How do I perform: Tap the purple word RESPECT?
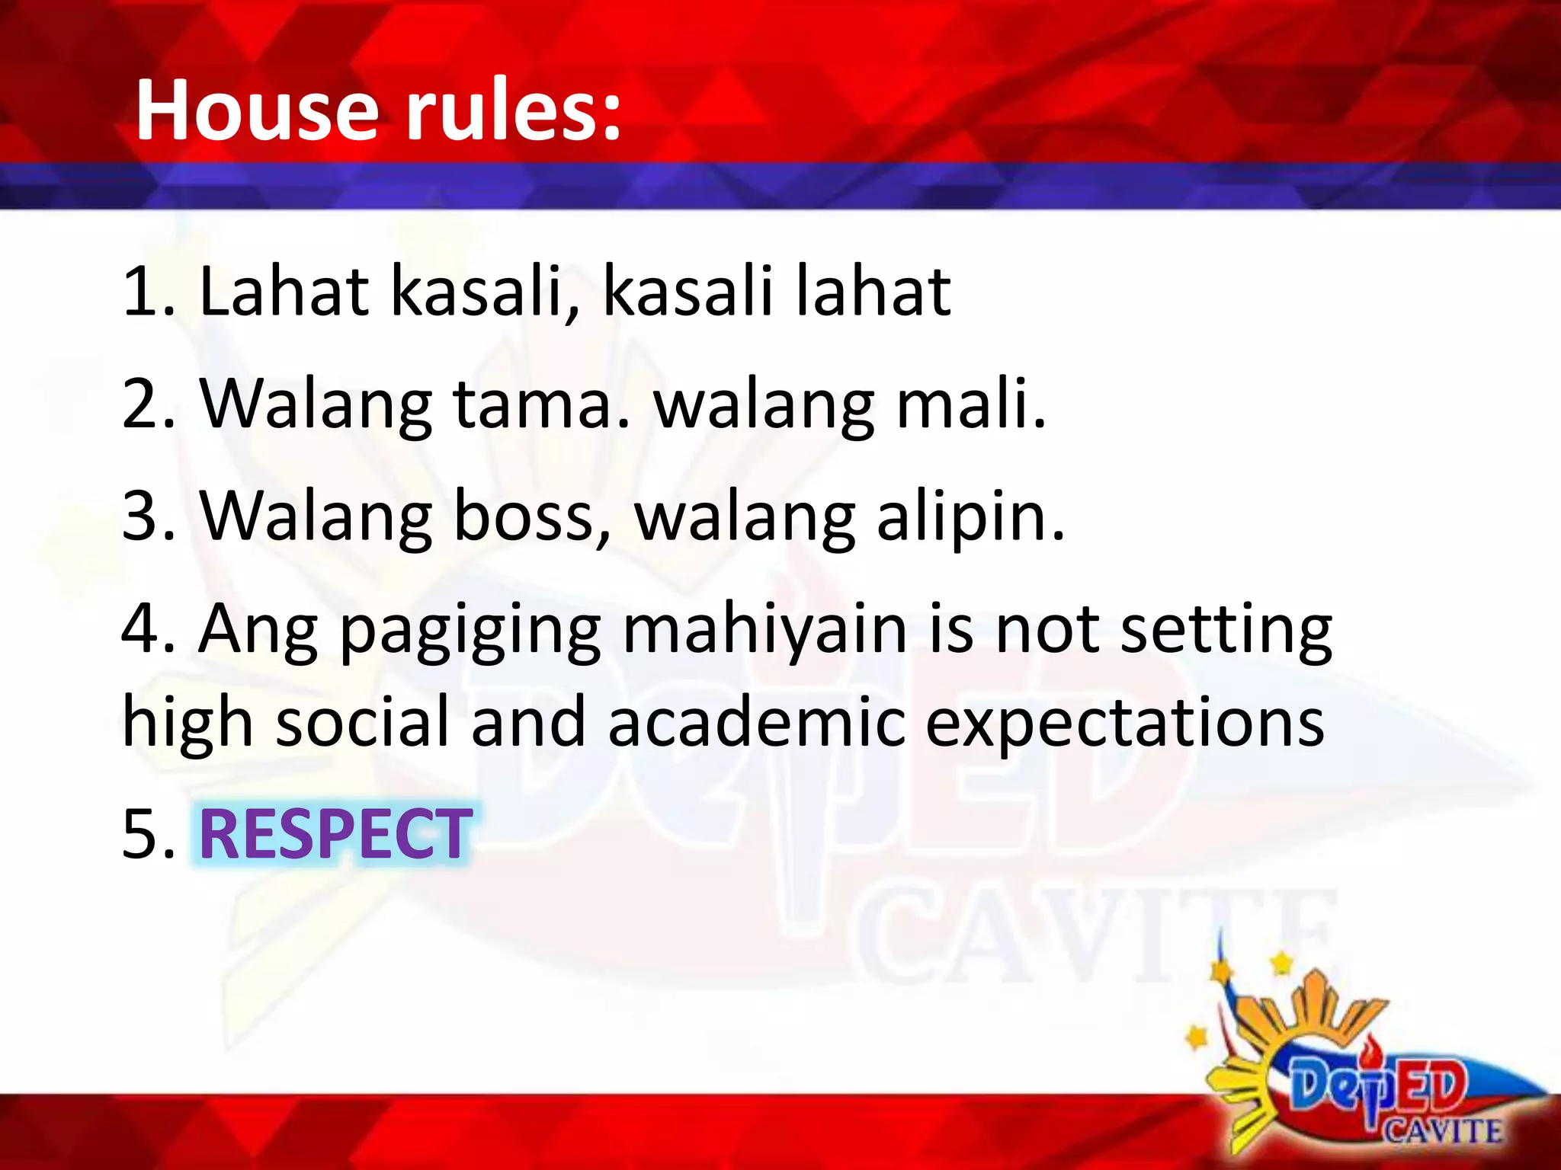[x=335, y=835]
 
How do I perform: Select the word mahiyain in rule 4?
[x=764, y=631]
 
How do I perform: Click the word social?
[x=363, y=722]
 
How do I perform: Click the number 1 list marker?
[x=142, y=292]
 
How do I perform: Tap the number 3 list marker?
[x=142, y=517]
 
